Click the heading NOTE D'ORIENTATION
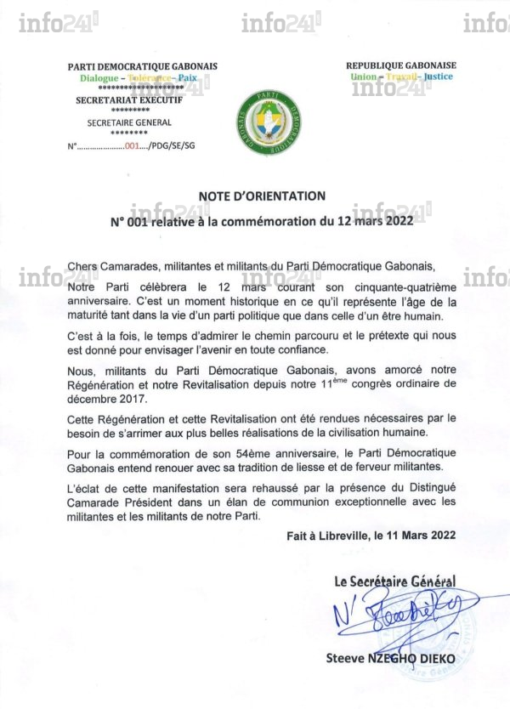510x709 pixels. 256,196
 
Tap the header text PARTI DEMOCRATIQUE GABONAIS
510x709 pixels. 143,66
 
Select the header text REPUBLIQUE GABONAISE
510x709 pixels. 401,65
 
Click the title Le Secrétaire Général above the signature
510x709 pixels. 394,581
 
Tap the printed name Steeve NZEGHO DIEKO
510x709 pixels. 391,658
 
